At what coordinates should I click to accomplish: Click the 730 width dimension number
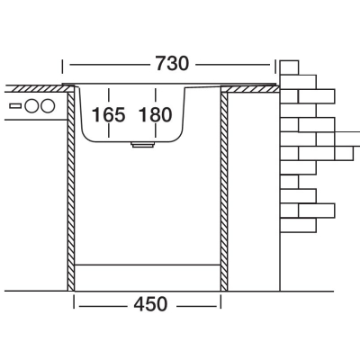tap(173, 63)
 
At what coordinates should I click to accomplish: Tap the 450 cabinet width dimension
tap(150, 304)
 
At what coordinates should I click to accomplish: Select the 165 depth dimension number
tap(108, 114)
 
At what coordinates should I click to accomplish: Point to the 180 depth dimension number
tap(156, 114)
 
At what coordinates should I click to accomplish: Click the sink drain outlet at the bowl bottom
tap(142, 145)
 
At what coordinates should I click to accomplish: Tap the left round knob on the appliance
tap(31, 106)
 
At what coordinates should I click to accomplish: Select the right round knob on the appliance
tap(48, 106)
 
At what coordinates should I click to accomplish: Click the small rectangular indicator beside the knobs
tap(15, 106)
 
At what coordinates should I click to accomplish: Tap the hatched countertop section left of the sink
tap(40, 88)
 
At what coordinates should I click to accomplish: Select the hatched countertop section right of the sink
tap(250, 89)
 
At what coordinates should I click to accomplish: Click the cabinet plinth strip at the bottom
tap(148, 278)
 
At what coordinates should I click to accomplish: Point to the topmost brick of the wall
tap(289, 67)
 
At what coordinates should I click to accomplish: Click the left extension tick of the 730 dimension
tap(62, 67)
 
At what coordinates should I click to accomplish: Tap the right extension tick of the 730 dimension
tap(275, 67)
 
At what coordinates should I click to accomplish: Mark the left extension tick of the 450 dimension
tap(74, 301)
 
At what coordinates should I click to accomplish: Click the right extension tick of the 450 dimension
tap(220, 301)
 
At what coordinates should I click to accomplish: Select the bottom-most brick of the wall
tap(298, 225)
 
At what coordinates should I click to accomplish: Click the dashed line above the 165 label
tap(108, 96)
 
